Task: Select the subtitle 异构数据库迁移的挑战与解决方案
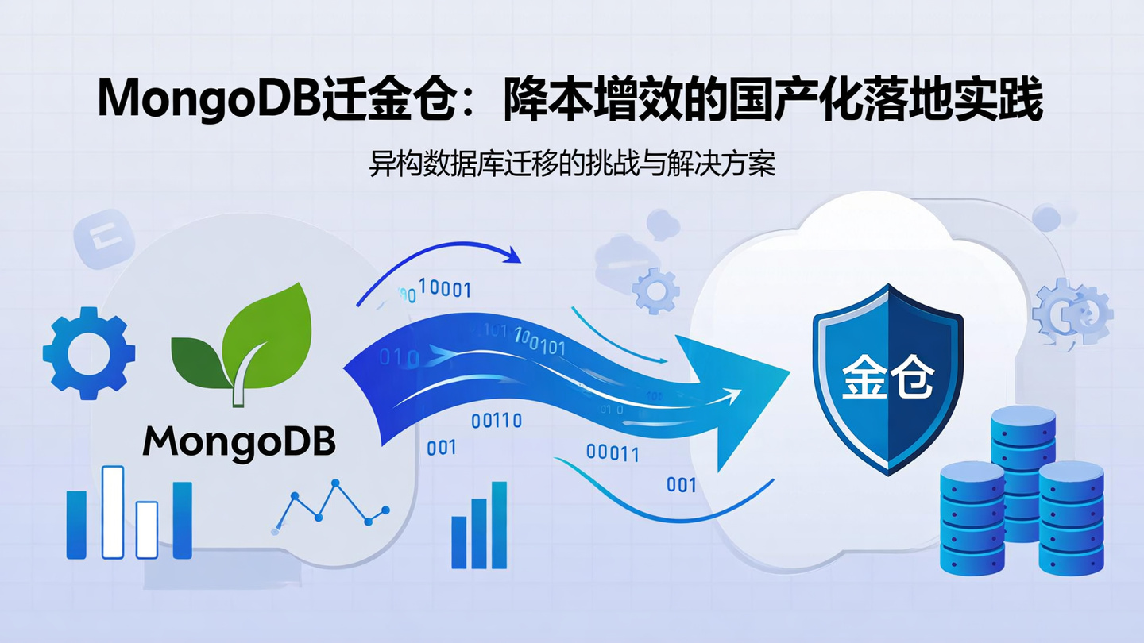(x=572, y=164)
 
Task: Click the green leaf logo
(x=243, y=341)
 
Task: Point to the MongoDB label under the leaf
(x=239, y=441)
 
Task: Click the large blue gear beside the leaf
(x=88, y=352)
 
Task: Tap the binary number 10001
(x=444, y=290)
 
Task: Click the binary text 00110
(x=496, y=421)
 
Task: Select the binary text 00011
(x=613, y=453)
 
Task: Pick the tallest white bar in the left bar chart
(x=113, y=511)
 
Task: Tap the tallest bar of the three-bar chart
(x=499, y=524)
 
